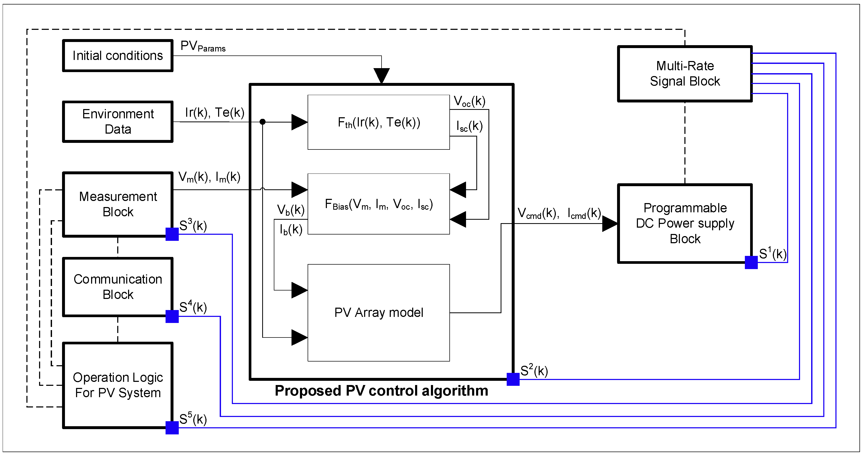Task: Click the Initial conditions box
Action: pos(117,56)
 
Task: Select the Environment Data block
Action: pos(117,121)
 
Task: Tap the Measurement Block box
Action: pos(117,204)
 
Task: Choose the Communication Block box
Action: pos(117,287)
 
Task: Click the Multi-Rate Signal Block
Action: pos(685,73)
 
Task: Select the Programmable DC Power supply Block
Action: pos(685,223)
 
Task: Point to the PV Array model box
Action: pos(378,313)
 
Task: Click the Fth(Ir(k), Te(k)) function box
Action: pos(378,122)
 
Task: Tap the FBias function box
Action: pos(378,204)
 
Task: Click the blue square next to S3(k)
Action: pos(172,234)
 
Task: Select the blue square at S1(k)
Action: pos(751,262)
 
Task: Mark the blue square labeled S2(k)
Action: pos(513,379)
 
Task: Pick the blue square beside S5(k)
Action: pos(172,428)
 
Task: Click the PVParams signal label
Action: pos(203,46)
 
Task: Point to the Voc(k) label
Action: pos(469,101)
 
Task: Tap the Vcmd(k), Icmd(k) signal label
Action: pos(559,213)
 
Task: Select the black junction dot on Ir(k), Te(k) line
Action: pos(262,121)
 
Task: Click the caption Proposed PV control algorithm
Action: pos(381,391)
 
